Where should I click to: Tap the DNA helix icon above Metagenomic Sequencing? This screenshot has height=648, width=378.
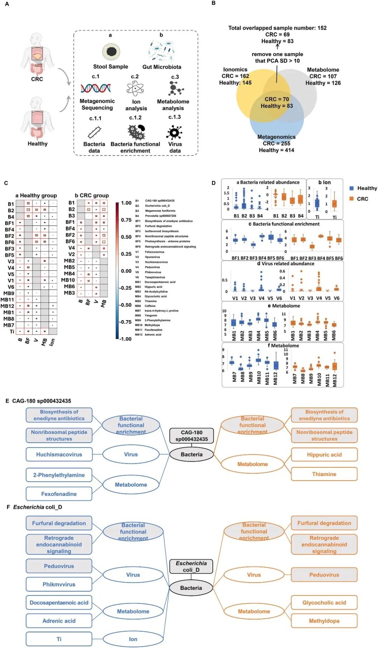pyautogui.click(x=96, y=88)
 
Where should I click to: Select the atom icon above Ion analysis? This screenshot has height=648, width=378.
pyautogui.click(x=135, y=88)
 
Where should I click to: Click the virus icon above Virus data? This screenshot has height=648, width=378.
pyautogui.click(x=174, y=133)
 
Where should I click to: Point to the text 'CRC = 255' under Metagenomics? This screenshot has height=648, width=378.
pyautogui.click(x=276, y=144)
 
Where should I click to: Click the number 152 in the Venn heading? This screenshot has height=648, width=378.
pyautogui.click(x=322, y=28)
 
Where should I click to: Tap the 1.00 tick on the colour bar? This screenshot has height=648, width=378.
pyautogui.click(x=126, y=203)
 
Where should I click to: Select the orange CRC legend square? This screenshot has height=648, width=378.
pyautogui.click(x=351, y=199)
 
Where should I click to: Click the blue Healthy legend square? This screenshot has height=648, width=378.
pyautogui.click(x=351, y=188)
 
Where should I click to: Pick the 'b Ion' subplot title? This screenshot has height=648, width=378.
pyautogui.click(x=324, y=182)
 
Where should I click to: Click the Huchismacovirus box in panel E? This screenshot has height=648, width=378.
pyautogui.click(x=59, y=454)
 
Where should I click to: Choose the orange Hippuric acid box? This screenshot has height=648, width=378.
pyautogui.click(x=324, y=455)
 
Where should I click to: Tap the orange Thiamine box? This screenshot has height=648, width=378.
pyautogui.click(x=324, y=474)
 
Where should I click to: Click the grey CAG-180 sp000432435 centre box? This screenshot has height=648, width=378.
pyautogui.click(x=191, y=435)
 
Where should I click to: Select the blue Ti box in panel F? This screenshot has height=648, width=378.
pyautogui.click(x=59, y=639)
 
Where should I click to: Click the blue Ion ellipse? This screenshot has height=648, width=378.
pyautogui.click(x=133, y=639)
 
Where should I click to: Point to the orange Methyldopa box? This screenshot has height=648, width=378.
pyautogui.click(x=324, y=621)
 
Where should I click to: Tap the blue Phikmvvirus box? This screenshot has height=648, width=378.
pyautogui.click(x=59, y=584)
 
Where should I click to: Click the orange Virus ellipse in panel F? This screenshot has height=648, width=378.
pyautogui.click(x=254, y=575)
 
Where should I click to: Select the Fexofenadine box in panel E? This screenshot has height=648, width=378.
pyautogui.click(x=59, y=494)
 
